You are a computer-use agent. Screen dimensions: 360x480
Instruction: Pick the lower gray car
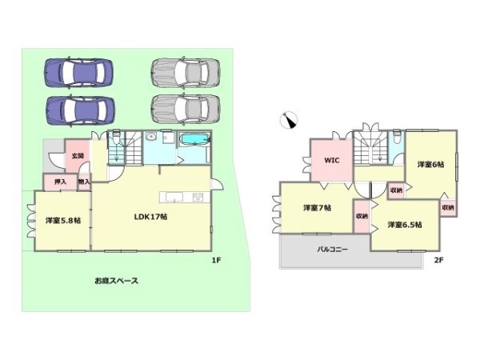(x=185, y=106)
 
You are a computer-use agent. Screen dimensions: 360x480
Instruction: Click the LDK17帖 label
(x=149, y=216)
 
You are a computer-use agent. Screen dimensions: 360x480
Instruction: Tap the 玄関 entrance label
(x=77, y=156)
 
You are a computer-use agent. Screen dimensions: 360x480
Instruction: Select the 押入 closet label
(x=59, y=183)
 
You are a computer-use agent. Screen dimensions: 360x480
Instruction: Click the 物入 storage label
(x=83, y=183)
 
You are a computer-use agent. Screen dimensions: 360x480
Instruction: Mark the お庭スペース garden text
(x=118, y=281)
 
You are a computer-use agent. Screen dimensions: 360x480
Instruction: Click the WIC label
(x=331, y=160)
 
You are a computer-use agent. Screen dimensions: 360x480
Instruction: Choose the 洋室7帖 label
(x=317, y=208)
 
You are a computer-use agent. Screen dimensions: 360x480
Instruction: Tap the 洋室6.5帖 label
(x=405, y=225)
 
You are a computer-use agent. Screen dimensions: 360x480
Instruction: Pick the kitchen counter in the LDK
(x=174, y=198)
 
